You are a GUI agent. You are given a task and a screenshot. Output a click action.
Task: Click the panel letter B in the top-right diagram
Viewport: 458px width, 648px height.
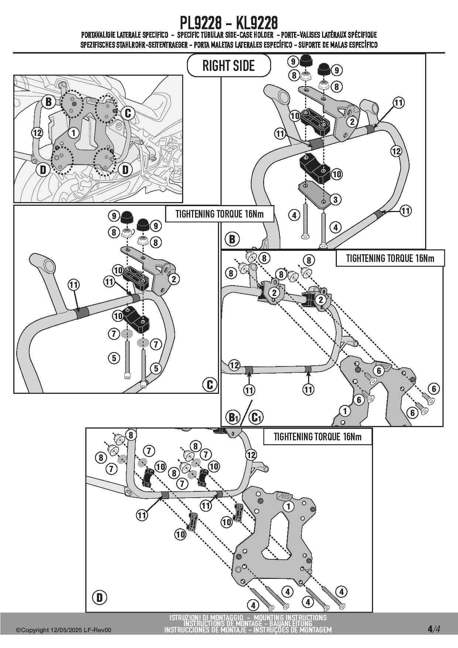tap(232, 239)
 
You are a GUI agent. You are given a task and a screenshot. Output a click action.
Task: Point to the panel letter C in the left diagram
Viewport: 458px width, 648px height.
tap(209, 385)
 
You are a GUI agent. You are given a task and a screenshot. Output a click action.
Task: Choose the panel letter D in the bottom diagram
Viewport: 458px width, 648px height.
tap(99, 597)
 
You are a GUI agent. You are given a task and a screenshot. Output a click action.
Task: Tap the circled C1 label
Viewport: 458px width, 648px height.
tap(256, 417)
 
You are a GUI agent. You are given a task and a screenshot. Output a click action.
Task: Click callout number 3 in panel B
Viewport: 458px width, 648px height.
tap(335, 200)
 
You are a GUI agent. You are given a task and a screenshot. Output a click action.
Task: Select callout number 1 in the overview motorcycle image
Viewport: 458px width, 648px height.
tap(74, 133)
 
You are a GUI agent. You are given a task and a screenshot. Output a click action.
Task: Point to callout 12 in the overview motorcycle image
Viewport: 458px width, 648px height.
tap(37, 133)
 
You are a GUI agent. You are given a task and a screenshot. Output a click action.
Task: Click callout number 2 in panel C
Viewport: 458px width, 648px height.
tap(174, 279)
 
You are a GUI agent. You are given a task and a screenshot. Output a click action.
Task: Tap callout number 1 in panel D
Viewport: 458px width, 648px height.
tap(288, 506)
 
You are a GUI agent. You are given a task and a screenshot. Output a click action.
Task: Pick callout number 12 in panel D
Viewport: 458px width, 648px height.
tap(251, 455)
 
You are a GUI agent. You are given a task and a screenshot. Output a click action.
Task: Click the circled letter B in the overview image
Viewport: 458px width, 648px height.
tap(48, 102)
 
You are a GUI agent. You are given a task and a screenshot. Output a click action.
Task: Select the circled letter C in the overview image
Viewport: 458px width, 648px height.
tap(128, 113)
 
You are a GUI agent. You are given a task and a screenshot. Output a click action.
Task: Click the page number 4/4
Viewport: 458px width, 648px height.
tap(434, 629)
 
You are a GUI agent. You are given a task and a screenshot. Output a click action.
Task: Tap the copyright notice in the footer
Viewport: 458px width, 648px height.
tap(63, 631)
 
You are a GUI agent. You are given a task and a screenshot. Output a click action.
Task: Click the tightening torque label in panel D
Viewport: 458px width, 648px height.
tap(317, 437)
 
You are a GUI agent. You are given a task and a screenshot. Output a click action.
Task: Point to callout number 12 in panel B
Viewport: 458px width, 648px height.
tap(396, 151)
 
